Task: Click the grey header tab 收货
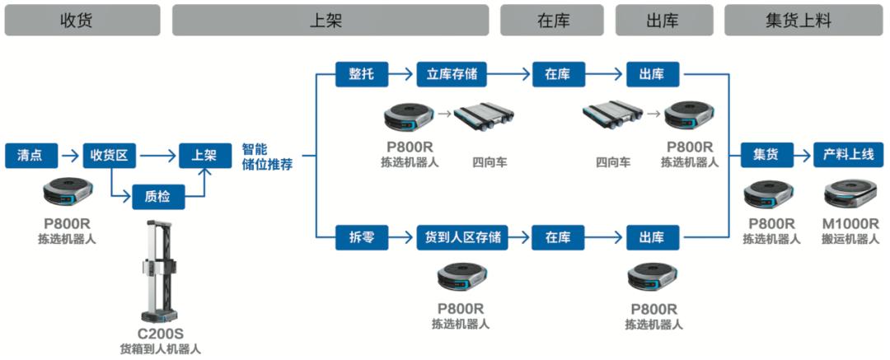(82, 20)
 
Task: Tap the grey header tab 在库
(552, 20)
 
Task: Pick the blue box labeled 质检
(157, 196)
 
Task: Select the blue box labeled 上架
(204, 154)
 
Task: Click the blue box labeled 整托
(360, 74)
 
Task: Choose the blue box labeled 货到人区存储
(461, 237)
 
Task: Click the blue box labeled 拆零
(360, 237)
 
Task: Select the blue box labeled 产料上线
(848, 154)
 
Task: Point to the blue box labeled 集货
(766, 154)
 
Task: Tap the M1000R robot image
(852, 195)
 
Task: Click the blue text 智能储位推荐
(267, 157)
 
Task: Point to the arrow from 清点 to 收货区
(72, 154)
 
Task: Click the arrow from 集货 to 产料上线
(803, 154)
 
